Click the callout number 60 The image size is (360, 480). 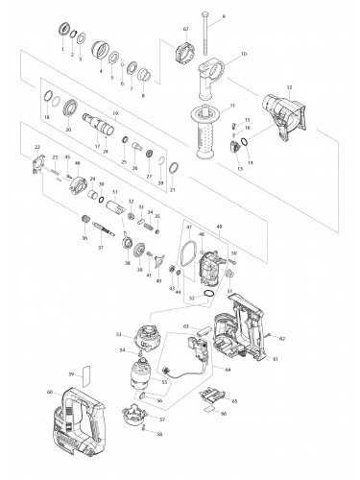coord(50,393)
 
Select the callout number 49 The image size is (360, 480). coord(220,228)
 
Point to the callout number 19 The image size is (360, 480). coord(114,114)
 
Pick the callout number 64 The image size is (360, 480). coord(228,369)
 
